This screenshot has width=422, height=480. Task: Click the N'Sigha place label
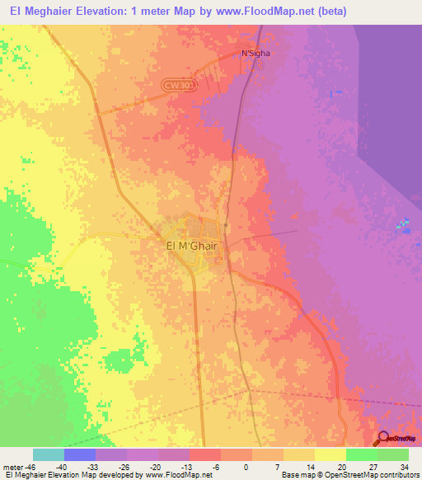[x=255, y=54]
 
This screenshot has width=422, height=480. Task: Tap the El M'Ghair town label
[x=190, y=245]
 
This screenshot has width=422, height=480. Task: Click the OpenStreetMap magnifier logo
[x=384, y=440]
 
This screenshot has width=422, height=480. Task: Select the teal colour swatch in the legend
[x=49, y=454]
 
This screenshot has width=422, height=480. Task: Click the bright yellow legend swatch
[x=330, y=454]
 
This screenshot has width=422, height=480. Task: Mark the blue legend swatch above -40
[x=80, y=454]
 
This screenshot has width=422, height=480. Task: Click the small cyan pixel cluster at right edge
[x=402, y=224]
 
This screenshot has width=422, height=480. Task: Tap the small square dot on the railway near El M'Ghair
[x=225, y=224]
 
